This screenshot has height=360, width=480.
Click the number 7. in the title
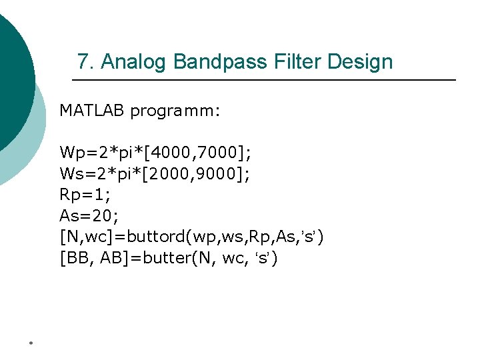click(x=85, y=62)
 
